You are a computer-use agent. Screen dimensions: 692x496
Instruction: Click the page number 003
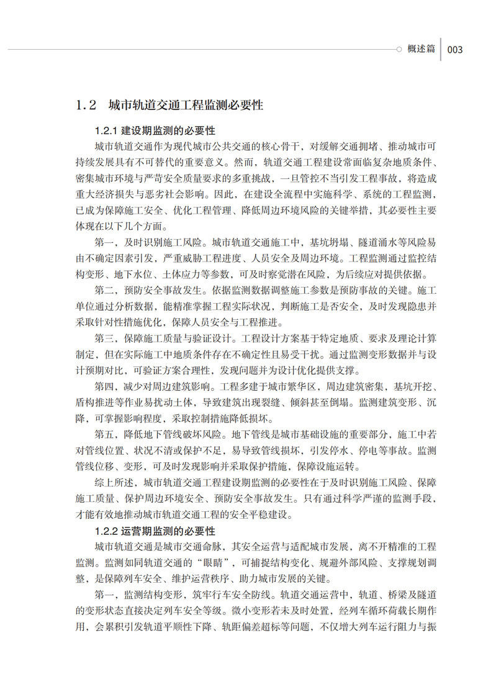(x=455, y=50)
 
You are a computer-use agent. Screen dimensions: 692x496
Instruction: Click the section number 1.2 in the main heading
(x=85, y=105)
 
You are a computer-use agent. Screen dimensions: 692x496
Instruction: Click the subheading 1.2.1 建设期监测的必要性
(x=155, y=131)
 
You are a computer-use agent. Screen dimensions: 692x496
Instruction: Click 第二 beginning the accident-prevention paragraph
(x=104, y=290)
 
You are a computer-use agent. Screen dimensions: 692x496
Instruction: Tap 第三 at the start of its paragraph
(x=104, y=339)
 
